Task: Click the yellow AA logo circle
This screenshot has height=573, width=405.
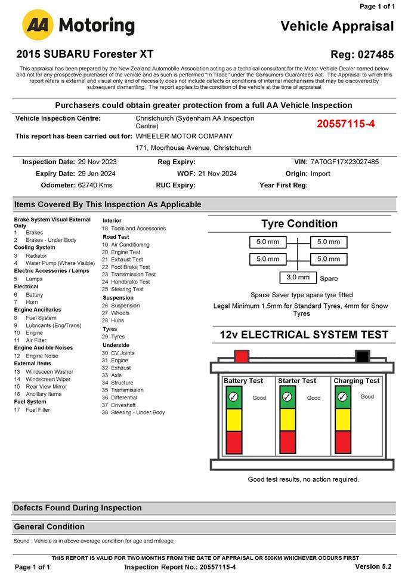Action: tap(38, 25)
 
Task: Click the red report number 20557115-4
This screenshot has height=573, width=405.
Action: tap(345, 124)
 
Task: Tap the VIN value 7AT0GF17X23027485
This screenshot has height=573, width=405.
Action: tap(344, 162)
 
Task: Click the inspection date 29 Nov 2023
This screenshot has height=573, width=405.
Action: tap(97, 162)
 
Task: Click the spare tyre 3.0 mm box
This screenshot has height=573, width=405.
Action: tap(298, 278)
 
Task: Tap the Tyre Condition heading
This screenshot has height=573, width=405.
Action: tap(299, 224)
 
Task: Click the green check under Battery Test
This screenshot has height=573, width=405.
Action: tap(233, 397)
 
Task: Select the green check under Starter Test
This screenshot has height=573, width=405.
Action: tap(287, 397)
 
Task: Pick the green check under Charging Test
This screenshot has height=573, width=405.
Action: tap(342, 397)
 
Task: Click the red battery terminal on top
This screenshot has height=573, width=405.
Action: tap(242, 356)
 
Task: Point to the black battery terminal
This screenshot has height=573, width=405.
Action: tap(362, 356)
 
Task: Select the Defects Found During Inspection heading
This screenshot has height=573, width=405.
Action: tap(78, 508)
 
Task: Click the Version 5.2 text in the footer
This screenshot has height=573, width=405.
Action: tap(373, 566)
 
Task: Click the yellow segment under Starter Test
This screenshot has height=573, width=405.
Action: tap(287, 419)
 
